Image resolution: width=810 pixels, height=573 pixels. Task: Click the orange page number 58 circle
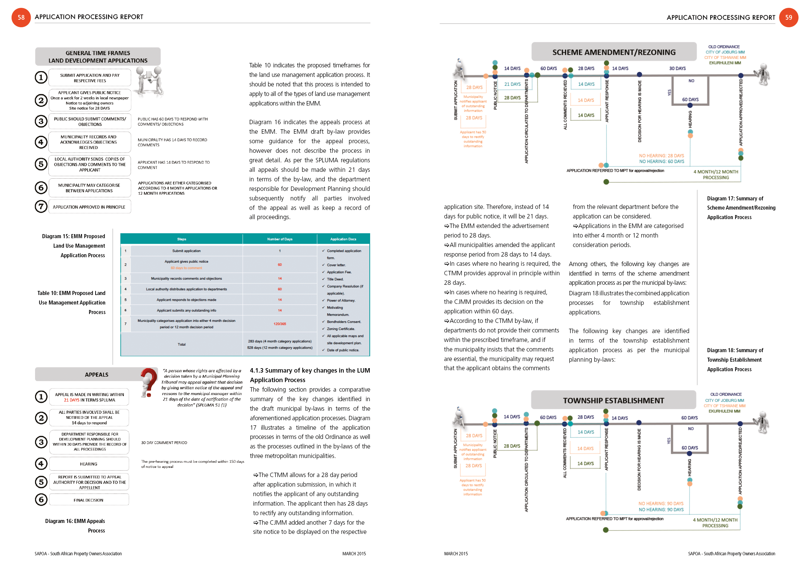coord(21,17)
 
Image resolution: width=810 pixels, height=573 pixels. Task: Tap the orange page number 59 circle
coord(789,17)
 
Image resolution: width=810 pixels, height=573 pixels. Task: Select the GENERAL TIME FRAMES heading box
coord(98,57)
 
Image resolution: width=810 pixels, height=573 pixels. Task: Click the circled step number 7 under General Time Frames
coord(41,207)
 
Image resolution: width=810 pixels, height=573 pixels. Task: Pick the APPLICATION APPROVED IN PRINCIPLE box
coord(89,207)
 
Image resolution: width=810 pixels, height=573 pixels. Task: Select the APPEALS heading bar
coord(96,375)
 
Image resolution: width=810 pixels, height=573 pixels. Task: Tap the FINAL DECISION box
coord(88,500)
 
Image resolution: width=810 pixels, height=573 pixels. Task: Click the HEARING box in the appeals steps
coord(88,464)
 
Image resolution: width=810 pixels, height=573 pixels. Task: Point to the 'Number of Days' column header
coord(280,239)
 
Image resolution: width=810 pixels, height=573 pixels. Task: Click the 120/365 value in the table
coord(280,324)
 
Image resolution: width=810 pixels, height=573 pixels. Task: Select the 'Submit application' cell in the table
coord(186,251)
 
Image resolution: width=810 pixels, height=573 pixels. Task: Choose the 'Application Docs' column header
coord(343,239)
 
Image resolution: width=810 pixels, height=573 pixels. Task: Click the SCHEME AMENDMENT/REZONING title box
coord(614,52)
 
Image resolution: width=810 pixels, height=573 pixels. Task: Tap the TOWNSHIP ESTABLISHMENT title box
coord(613,400)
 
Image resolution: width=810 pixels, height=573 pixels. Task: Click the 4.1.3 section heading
coord(310,375)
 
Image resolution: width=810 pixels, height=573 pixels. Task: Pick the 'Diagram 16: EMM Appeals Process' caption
coord(75,526)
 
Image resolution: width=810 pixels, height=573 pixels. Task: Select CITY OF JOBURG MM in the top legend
coord(725,52)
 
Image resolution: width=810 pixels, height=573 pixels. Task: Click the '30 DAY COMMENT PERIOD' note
coord(164,443)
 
